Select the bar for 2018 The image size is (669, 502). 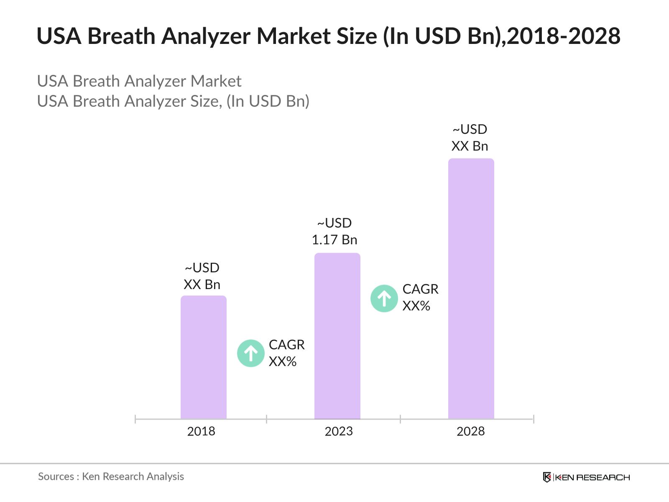pos(204,357)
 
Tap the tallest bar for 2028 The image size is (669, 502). pos(471,289)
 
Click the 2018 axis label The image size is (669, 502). pos(201,431)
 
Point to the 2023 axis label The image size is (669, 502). pos(339,431)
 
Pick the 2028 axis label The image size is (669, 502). pos(470,431)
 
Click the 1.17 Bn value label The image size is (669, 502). pos(334,240)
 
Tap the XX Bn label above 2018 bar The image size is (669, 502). pos(202,284)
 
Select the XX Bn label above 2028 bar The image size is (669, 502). pos(470,146)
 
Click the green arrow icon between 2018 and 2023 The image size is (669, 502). pos(251,353)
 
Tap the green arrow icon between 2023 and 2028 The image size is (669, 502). pos(384,299)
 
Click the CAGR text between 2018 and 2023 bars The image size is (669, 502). pos(286,345)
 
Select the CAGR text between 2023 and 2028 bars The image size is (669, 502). pos(420,289)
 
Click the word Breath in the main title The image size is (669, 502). pos(121,36)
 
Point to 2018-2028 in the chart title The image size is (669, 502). pos(564,36)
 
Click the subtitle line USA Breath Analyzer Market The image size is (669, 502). pos(139,81)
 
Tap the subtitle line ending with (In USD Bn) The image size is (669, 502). pos(173,101)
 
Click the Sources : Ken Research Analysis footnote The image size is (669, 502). pos(111,476)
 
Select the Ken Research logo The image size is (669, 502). pos(586,477)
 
